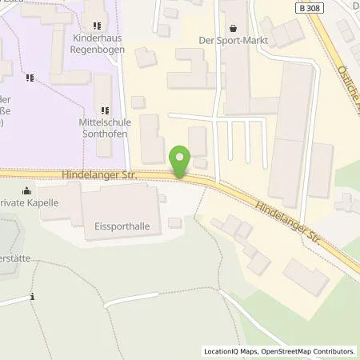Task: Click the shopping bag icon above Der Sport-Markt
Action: pyautogui.click(x=234, y=26)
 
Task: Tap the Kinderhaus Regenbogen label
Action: pyautogui.click(x=97, y=43)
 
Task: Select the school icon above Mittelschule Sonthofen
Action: pyautogui.click(x=103, y=109)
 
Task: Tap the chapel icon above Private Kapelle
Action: pyautogui.click(x=27, y=190)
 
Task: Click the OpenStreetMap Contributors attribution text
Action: pyautogui.click(x=310, y=351)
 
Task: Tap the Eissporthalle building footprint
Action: pyautogui.click(x=120, y=210)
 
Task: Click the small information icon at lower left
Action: pyautogui.click(x=32, y=298)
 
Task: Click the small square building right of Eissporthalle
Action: pyautogui.click(x=174, y=222)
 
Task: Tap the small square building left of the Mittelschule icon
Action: pyautogui.click(x=138, y=102)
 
